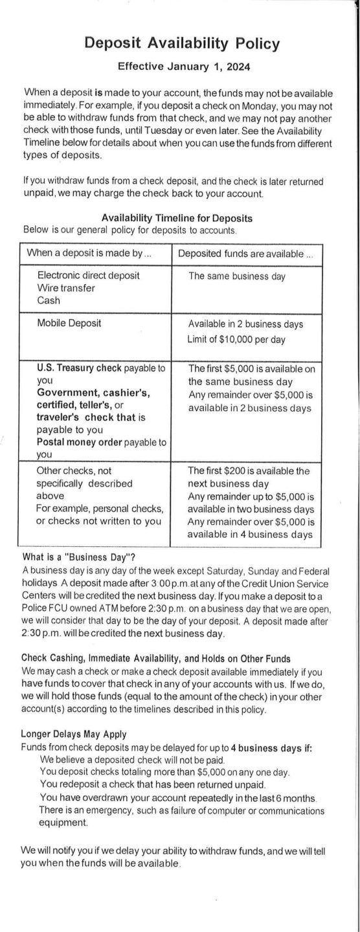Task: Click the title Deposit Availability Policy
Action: [182, 43]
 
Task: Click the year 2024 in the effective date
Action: [232, 65]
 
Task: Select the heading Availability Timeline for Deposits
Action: [177, 218]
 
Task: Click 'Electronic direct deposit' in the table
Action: [88, 276]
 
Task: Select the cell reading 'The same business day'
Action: [236, 276]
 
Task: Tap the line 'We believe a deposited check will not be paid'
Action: [145, 761]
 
